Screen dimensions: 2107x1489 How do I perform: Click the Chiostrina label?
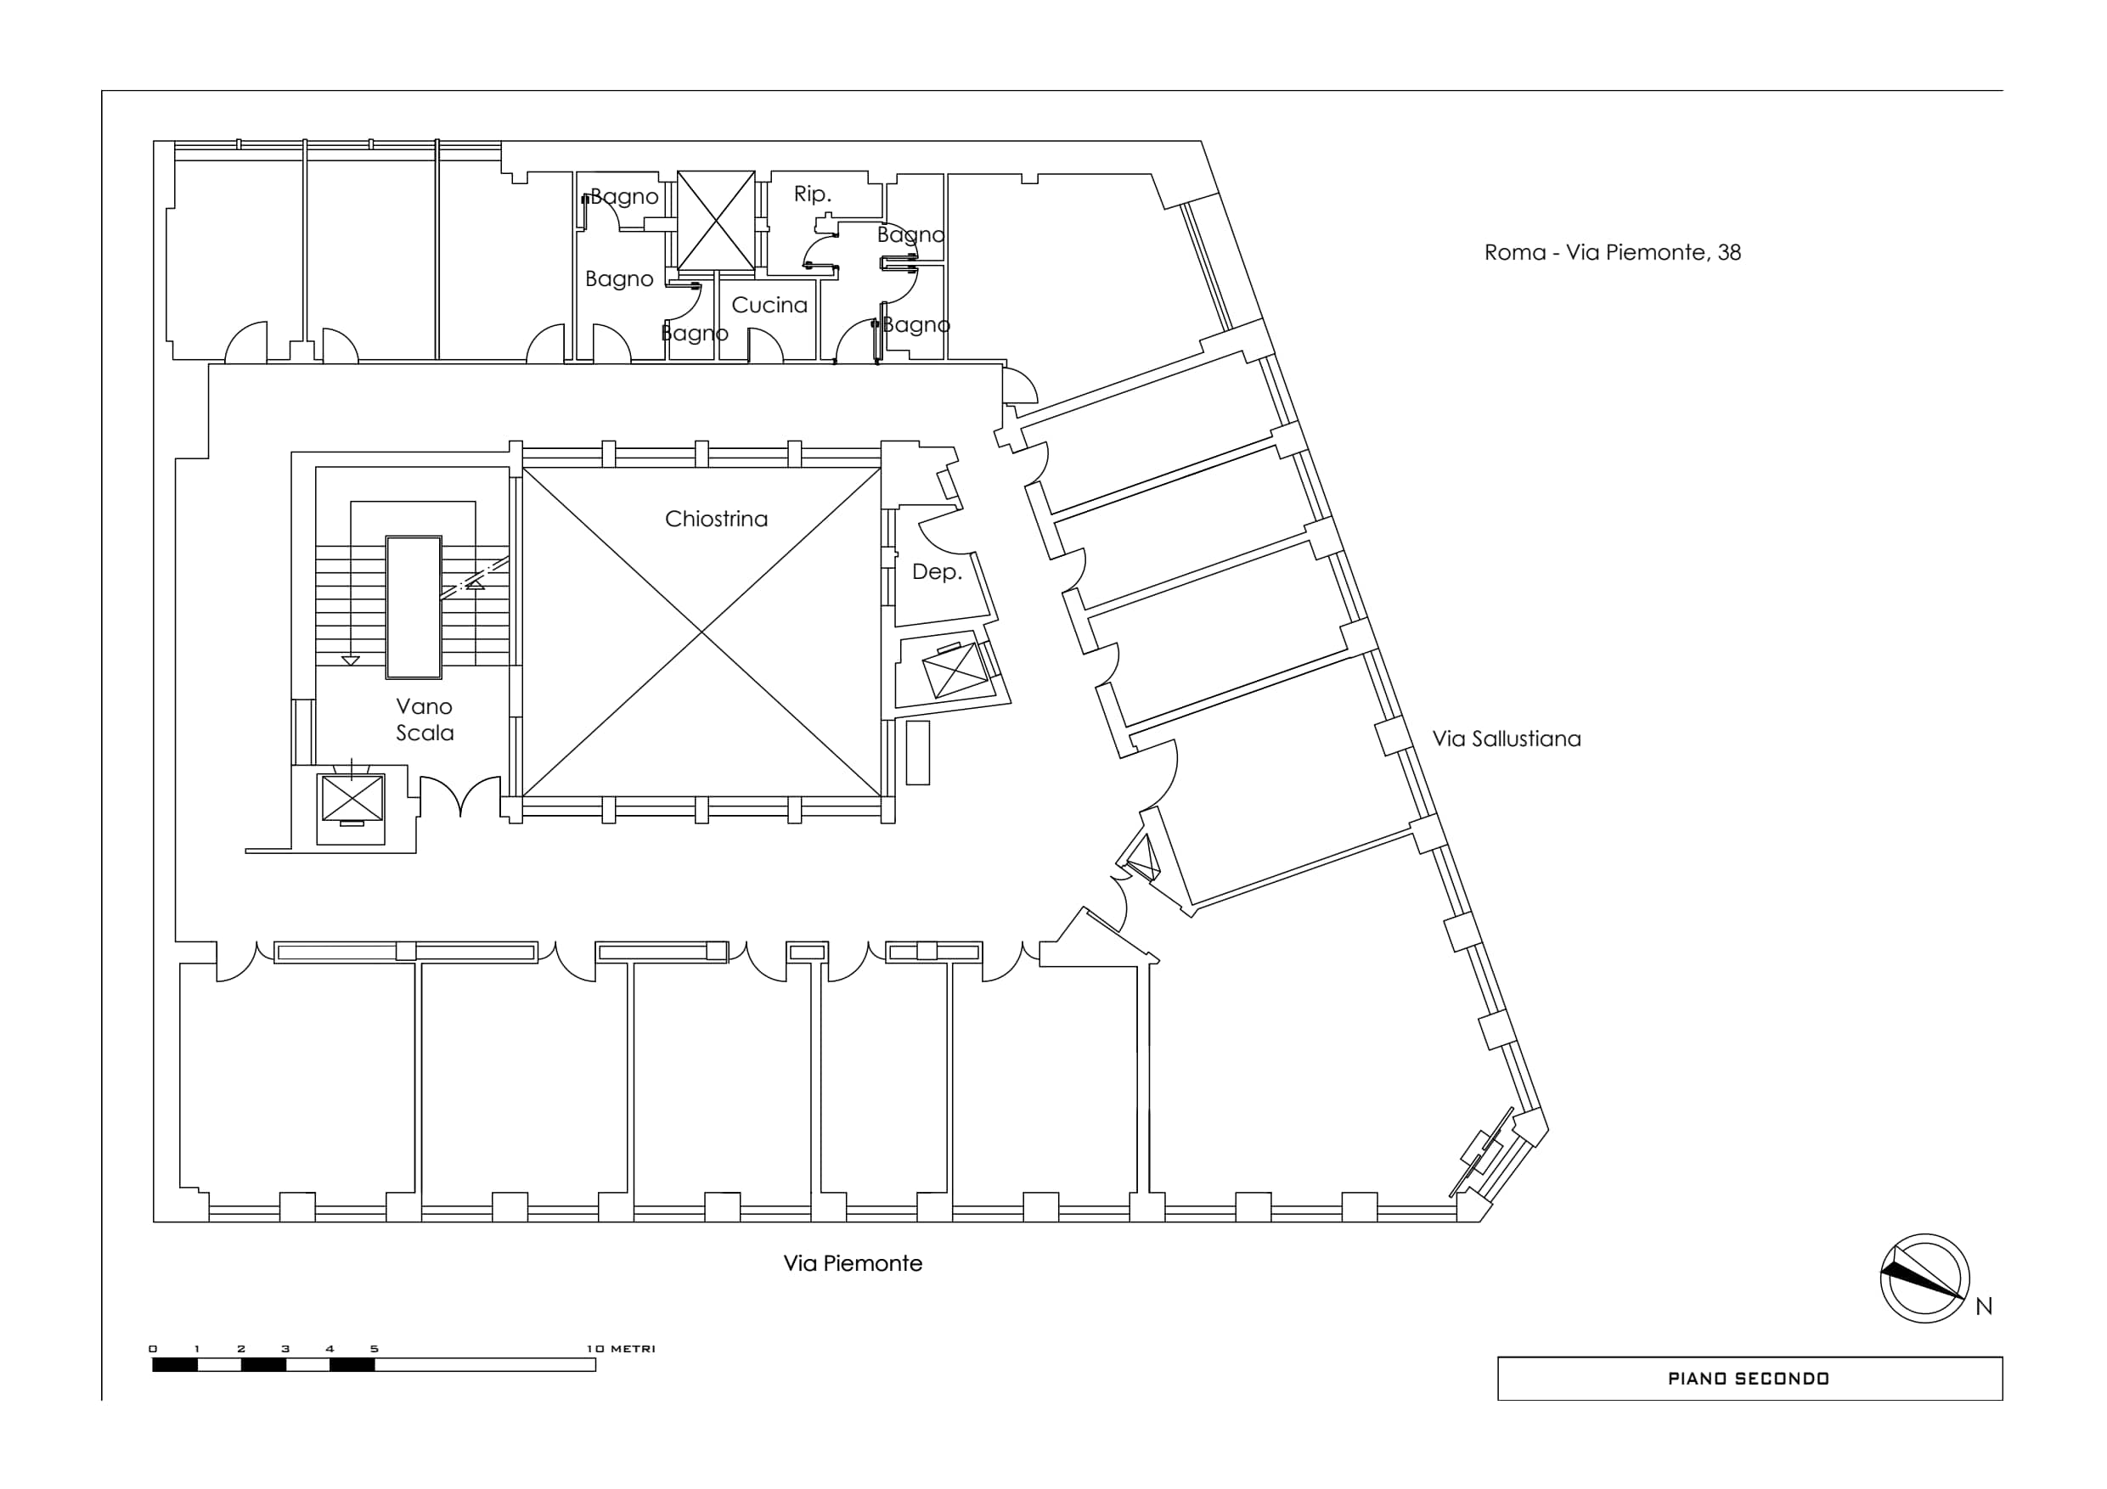coord(716,520)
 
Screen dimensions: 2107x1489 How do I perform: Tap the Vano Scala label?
coord(424,719)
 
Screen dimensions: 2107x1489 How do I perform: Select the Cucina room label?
coord(769,305)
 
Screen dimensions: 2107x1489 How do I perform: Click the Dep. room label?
coord(936,571)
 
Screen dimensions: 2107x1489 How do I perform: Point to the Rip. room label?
coord(812,194)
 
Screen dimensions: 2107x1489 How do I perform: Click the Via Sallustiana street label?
coord(1506,739)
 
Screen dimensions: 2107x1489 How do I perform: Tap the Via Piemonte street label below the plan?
coord(853,1263)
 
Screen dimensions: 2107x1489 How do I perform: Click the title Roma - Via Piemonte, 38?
coord(1613,252)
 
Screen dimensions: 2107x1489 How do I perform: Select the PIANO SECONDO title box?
coord(1749,1378)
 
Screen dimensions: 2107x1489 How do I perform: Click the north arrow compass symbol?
coord(1924,1278)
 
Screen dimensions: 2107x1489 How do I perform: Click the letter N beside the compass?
coord(1983,1306)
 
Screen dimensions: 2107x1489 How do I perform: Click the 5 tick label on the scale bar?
coord(375,1349)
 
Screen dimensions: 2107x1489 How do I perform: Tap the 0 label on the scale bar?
coord(153,1349)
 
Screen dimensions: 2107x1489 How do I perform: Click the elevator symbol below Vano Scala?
coord(352,798)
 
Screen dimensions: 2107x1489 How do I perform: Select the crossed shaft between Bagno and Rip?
coord(716,220)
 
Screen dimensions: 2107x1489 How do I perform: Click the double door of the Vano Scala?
coord(459,795)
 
